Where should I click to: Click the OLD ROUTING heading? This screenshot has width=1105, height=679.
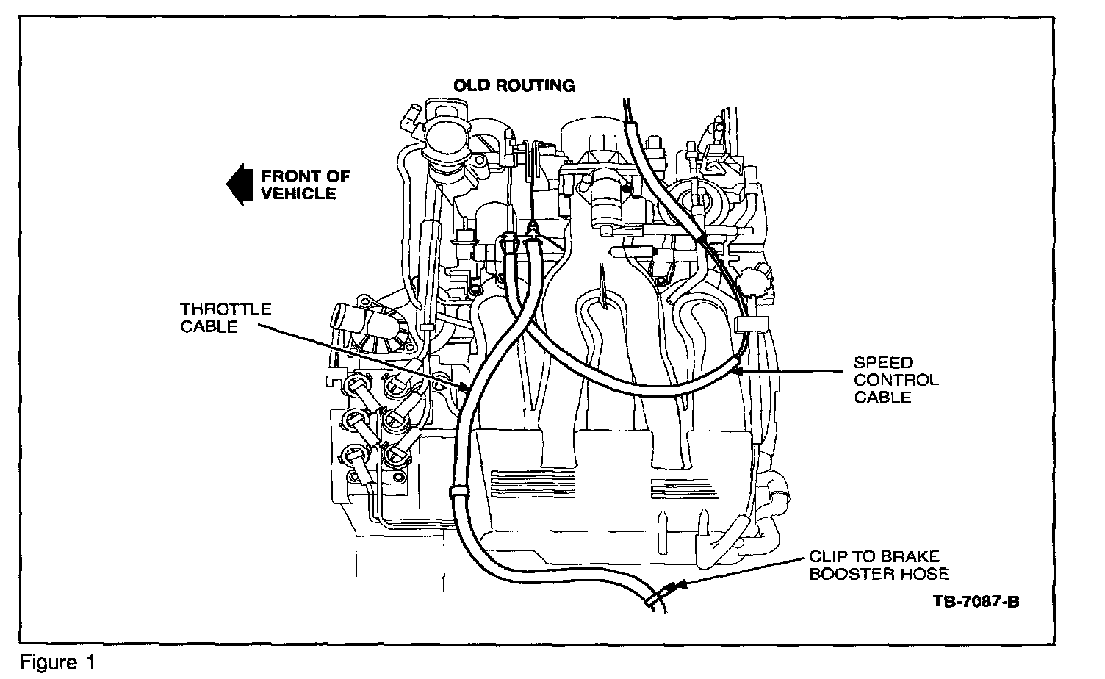tap(514, 85)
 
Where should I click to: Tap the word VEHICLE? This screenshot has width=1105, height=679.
tap(298, 194)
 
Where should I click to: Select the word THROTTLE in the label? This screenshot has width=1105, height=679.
tap(226, 309)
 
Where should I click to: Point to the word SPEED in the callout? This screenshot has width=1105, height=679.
tap(882, 362)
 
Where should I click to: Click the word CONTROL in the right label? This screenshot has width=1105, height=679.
tap(896, 380)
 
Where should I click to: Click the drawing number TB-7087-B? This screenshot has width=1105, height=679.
tap(976, 602)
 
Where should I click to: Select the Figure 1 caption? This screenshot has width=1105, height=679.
tap(58, 663)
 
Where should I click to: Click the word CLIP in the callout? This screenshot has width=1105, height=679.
tap(827, 557)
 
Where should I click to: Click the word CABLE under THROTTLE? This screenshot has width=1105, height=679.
tap(209, 327)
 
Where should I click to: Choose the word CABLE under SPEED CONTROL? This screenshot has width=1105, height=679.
tap(882, 398)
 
